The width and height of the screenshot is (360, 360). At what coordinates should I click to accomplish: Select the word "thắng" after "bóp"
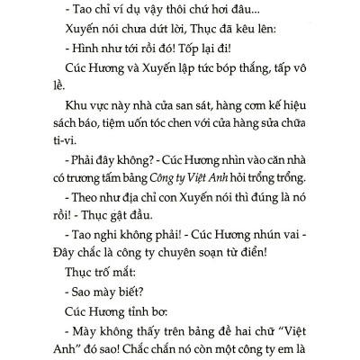coord(259,70)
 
